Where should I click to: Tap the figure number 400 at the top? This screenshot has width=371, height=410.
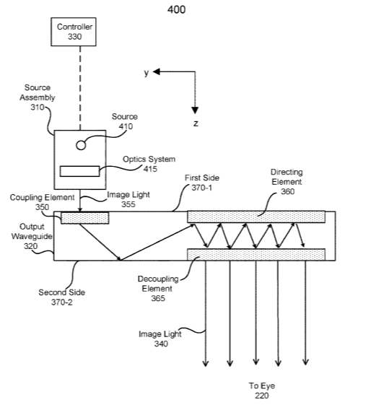(x=177, y=9)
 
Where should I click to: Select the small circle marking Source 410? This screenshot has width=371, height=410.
(x=81, y=145)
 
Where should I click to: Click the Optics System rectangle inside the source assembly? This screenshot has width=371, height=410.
(x=79, y=171)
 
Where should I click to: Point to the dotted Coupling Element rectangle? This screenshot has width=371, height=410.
(x=85, y=218)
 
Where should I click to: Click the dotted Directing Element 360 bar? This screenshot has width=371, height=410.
(x=256, y=217)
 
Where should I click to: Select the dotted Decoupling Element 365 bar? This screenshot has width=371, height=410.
(x=256, y=254)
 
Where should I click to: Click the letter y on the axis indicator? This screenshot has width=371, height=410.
(x=147, y=72)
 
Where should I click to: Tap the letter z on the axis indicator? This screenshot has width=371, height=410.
(x=196, y=123)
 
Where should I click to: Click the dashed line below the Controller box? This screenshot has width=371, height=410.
(x=80, y=88)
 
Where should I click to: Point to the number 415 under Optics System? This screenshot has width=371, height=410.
(x=150, y=169)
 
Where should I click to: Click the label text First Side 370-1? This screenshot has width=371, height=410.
(x=202, y=183)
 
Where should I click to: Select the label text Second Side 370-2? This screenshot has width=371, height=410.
(x=61, y=297)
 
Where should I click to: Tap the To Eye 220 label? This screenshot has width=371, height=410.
(x=262, y=391)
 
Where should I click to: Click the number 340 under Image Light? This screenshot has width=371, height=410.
(x=161, y=344)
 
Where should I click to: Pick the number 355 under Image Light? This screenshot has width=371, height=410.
(x=128, y=204)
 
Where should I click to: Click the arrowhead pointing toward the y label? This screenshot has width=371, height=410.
(x=157, y=71)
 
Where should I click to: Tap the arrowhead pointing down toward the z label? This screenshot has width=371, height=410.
(x=195, y=110)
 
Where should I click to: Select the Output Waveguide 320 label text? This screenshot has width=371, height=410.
(x=32, y=236)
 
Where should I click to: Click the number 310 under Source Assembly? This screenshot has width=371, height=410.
(x=37, y=108)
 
